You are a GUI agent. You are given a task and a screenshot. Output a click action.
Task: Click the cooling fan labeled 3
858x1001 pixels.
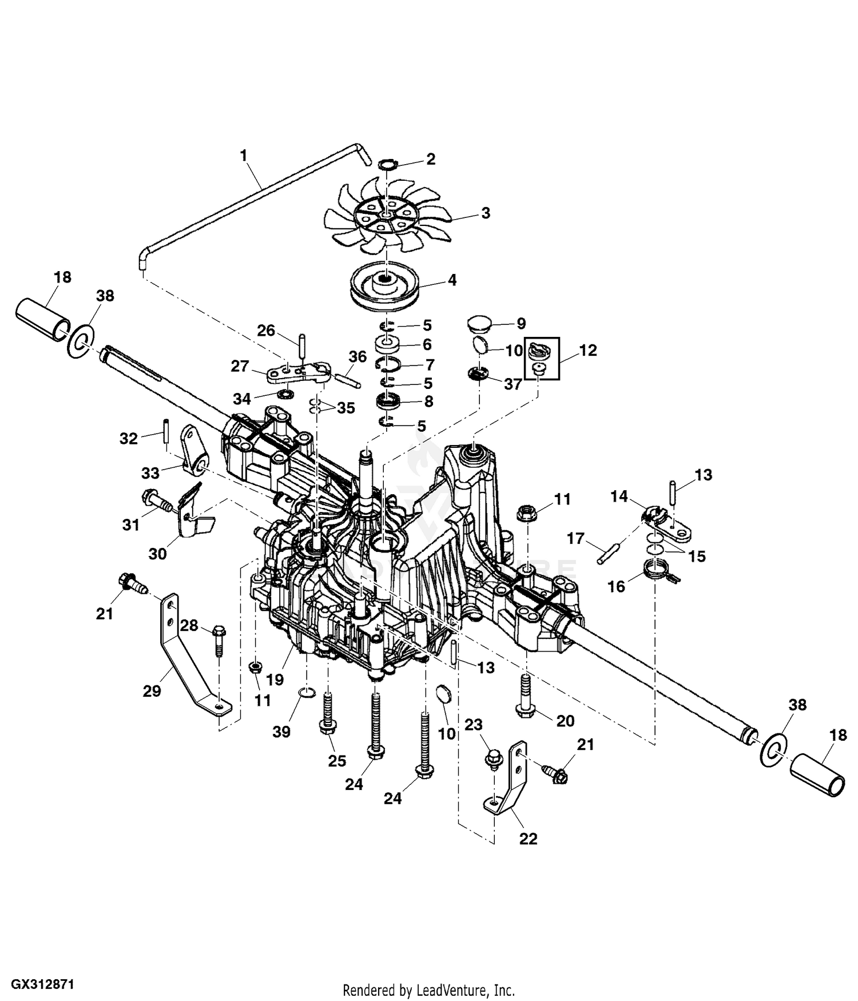(386, 215)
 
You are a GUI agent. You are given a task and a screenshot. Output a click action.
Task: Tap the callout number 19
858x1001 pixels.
(275, 680)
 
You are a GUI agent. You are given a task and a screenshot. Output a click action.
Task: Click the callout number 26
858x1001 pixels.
(266, 331)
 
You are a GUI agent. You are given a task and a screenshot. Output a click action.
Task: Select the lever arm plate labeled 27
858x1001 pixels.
(297, 372)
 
